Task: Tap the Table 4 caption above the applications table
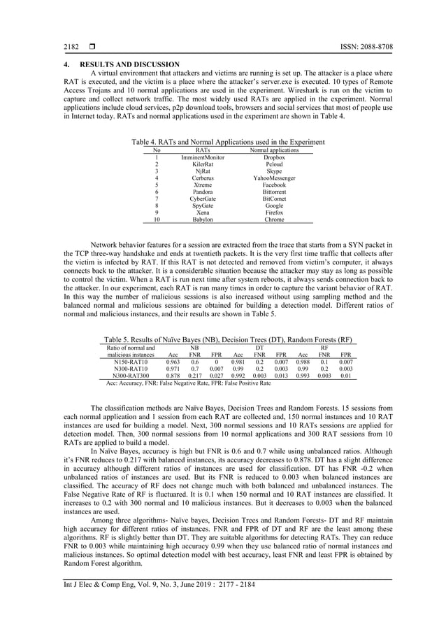pos(223,142)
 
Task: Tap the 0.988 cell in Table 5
pos(303,362)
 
